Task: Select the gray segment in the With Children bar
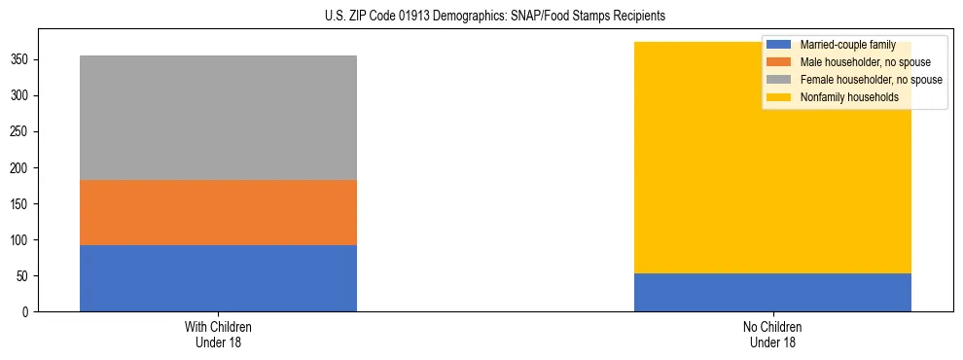point(218,118)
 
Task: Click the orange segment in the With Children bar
point(218,212)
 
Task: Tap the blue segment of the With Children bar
point(218,278)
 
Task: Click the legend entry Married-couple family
point(847,45)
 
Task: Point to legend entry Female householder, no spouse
point(865,80)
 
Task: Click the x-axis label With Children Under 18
point(218,334)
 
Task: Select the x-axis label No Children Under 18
point(772,334)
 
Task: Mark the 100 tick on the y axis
point(20,240)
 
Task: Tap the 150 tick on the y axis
point(20,204)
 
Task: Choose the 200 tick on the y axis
point(20,168)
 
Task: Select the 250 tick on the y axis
point(20,132)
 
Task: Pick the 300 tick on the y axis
point(20,96)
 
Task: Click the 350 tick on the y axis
point(20,60)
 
